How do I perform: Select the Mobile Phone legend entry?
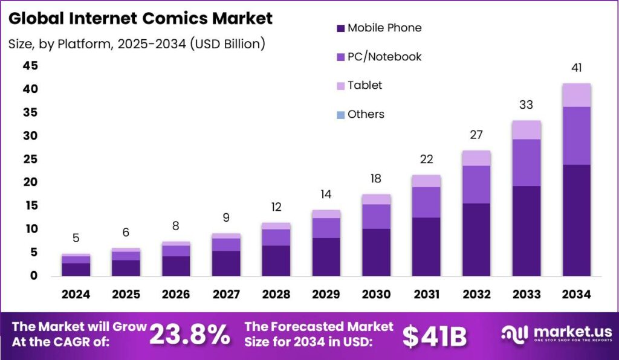click(x=384, y=28)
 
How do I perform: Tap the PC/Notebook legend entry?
click(x=384, y=57)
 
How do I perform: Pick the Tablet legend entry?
click(x=365, y=85)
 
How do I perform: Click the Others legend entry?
click(x=366, y=114)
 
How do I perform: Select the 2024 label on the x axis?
click(x=76, y=295)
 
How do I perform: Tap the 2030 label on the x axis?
click(x=376, y=295)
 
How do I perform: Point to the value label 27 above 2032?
click(x=476, y=135)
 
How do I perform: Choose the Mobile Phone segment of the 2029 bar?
click(x=326, y=257)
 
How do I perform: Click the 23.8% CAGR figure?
click(x=189, y=335)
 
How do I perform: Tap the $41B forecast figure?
click(x=435, y=336)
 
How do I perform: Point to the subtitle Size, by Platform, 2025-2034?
click(x=137, y=44)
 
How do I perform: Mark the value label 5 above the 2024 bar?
click(x=76, y=238)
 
